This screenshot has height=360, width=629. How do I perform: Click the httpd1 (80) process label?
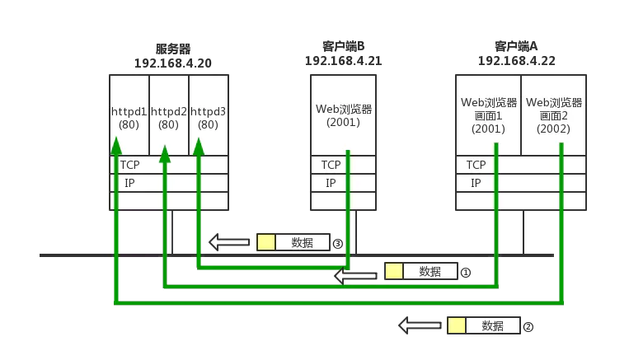pyautogui.click(x=129, y=117)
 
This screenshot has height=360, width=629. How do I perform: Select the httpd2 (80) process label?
pyautogui.click(x=168, y=117)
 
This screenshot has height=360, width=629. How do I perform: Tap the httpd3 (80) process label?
pyautogui.click(x=208, y=117)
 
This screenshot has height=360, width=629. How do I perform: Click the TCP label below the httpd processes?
pyautogui.click(x=129, y=165)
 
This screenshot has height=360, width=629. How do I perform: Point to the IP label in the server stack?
pyautogui.click(x=129, y=183)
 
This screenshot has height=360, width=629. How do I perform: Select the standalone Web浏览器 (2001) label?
pyautogui.click(x=344, y=115)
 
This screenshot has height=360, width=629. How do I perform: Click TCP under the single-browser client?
pyautogui.click(x=331, y=165)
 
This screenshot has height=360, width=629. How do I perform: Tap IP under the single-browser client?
pyautogui.click(x=331, y=183)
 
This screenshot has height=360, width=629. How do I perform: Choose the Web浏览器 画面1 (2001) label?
pyautogui.click(x=488, y=115)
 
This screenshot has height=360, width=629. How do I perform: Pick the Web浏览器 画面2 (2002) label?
pyautogui.click(x=554, y=115)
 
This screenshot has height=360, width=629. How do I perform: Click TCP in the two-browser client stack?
pyautogui.click(x=476, y=165)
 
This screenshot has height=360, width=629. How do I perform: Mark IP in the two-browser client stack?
pyautogui.click(x=476, y=183)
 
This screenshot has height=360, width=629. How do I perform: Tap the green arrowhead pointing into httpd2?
pyautogui.click(x=165, y=153)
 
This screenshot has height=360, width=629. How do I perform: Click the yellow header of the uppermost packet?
pyautogui.click(x=265, y=242)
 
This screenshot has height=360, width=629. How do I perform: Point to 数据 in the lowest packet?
pyautogui.click(x=492, y=326)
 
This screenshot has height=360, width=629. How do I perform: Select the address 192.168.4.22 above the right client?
pyautogui.click(x=520, y=60)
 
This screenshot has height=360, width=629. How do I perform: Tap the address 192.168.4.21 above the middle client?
pyautogui.click(x=342, y=60)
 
